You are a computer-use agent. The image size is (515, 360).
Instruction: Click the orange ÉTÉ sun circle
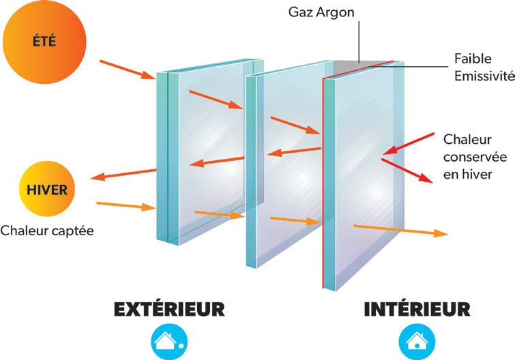tap(43, 42)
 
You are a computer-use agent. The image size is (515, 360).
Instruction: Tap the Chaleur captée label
tap(47, 230)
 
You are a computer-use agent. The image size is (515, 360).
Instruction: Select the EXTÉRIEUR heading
tap(169, 309)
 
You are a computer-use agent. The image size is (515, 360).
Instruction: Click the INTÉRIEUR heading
tap(416, 309)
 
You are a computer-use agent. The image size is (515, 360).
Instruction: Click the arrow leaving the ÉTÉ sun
tap(128, 70)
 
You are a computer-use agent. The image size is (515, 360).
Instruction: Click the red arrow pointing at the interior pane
tap(409, 142)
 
